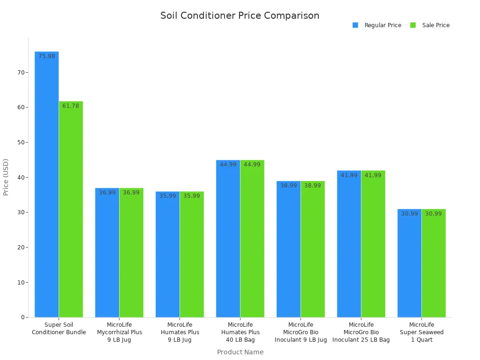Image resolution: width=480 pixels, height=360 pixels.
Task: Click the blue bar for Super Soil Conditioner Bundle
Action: tap(47, 187)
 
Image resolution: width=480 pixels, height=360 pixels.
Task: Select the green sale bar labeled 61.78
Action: tap(71, 211)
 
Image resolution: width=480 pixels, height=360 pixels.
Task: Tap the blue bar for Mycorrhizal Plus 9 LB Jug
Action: tap(107, 253)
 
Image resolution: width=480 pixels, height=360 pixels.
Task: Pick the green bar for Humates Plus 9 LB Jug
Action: tap(192, 255)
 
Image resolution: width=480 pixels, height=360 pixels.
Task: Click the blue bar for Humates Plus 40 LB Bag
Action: tap(228, 239)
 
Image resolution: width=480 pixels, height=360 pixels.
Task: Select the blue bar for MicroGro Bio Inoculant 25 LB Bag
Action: tap(349, 244)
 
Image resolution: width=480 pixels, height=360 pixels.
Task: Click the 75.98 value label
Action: tap(47, 56)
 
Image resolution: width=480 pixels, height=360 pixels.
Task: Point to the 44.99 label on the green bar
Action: tap(252, 165)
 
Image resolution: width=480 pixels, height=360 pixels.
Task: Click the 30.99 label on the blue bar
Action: tap(409, 214)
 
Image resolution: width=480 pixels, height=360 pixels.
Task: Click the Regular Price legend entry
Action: tap(377, 25)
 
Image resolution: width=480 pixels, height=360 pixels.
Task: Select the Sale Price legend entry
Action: tap(430, 25)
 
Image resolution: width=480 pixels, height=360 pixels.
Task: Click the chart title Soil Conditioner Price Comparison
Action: tap(240, 15)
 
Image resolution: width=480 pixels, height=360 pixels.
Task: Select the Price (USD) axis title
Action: tap(6, 177)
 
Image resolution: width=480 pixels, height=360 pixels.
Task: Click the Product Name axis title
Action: tap(240, 352)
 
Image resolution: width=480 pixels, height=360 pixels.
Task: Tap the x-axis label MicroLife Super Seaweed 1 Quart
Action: tap(421, 332)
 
